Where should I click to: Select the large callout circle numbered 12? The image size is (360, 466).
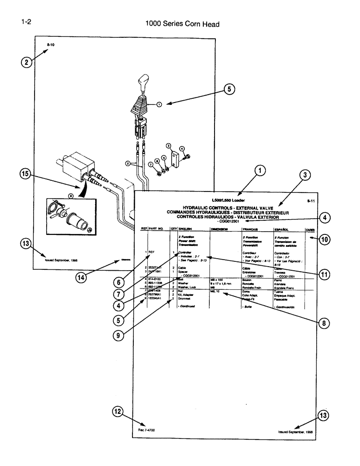click(x=118, y=411)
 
